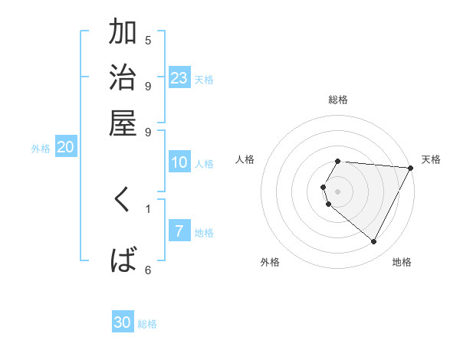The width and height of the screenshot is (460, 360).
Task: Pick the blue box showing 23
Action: pos(179,78)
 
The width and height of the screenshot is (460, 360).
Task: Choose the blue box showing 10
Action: pos(179,162)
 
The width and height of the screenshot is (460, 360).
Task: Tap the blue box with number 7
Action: pos(179,231)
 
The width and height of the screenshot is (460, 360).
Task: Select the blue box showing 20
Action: pos(65,148)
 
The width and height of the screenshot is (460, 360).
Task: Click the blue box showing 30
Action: pos(123,322)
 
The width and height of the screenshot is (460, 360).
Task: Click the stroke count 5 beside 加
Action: pos(148,40)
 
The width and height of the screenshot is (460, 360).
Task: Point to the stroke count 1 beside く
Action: pos(148,208)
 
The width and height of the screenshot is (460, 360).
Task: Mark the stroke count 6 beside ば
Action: pos(148,270)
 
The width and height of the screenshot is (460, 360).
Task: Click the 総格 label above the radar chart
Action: pos(338,100)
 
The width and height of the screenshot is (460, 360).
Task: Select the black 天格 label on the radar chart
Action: pos(431,159)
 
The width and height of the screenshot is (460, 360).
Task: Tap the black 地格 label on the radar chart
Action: pos(402,262)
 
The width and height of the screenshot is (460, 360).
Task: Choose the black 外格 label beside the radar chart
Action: pos(270,262)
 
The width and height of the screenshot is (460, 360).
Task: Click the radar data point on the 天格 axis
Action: pos(411,168)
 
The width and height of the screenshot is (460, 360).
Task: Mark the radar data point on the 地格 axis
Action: pos(374,242)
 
